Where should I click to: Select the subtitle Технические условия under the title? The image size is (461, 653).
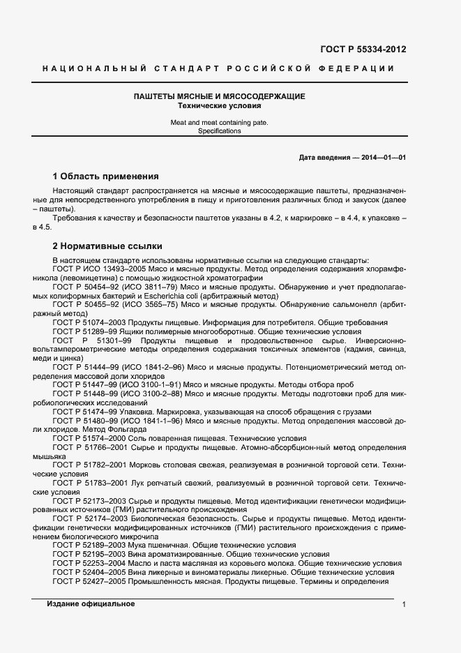[x=218, y=106]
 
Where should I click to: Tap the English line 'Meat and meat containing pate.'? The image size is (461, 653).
[x=218, y=122]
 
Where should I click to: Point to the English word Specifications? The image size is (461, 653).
[x=218, y=130]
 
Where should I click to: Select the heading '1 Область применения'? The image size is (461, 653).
[x=106, y=176]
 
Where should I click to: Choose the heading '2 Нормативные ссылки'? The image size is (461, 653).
[x=107, y=246]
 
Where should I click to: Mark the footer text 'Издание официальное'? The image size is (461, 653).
[x=91, y=604]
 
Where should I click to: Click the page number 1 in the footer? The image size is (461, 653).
[x=404, y=605]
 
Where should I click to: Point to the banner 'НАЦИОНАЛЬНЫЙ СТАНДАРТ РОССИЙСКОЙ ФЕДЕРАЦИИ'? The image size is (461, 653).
[x=218, y=68]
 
